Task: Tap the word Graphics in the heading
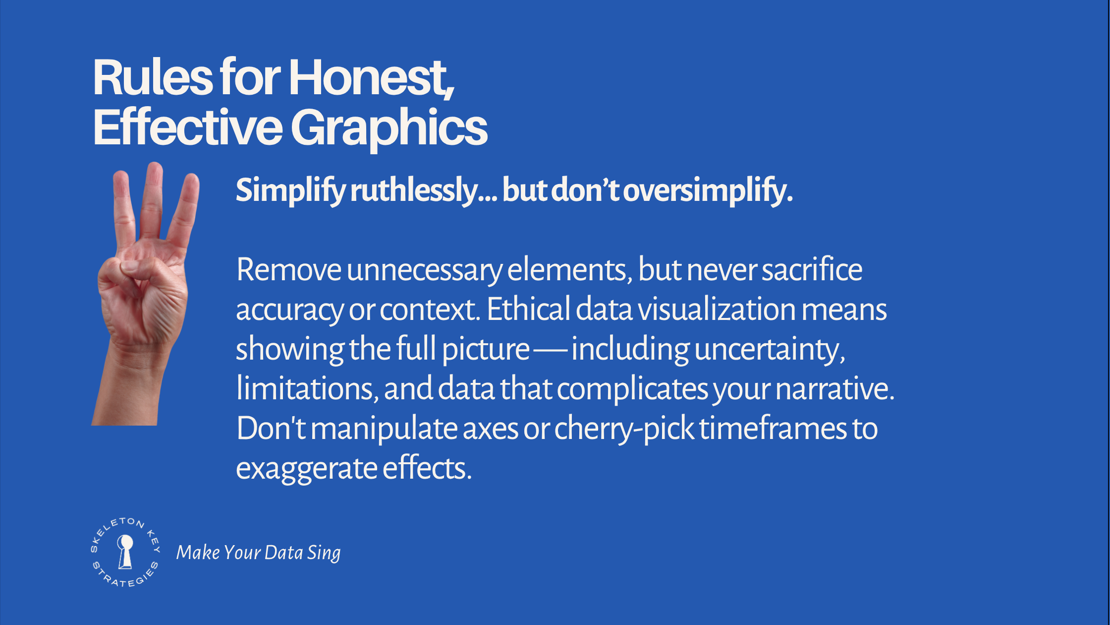click(389, 128)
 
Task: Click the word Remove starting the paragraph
click(289, 270)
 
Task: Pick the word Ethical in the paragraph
click(528, 310)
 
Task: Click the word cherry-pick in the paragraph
click(624, 430)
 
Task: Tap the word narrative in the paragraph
click(835, 389)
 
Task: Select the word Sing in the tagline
click(324, 553)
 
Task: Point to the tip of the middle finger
click(155, 166)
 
